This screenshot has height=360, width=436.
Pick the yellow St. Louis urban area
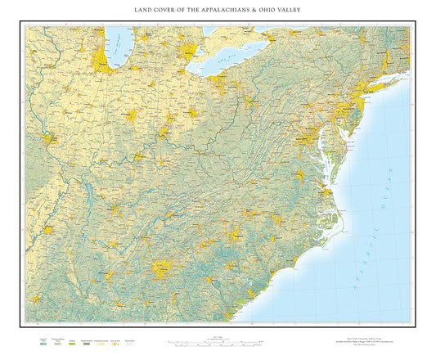49,140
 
